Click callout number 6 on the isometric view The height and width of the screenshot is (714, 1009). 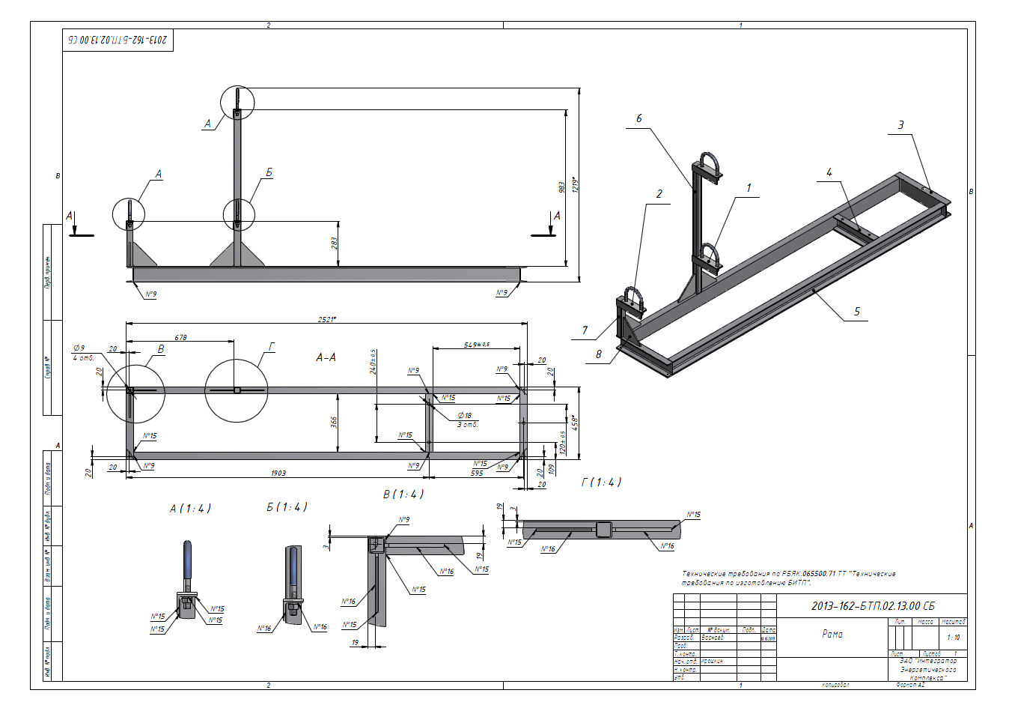pos(639,118)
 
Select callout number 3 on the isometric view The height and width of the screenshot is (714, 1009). pos(900,125)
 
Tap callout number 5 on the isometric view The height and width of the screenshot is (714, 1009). pos(857,312)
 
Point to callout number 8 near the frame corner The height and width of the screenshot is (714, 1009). pos(599,354)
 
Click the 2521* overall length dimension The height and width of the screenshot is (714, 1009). pos(327,319)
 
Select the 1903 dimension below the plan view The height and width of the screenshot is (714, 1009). pos(278,474)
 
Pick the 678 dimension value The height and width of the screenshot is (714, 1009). pos(181,338)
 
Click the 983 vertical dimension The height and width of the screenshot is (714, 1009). pos(561,187)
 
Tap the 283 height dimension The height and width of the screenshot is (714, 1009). pos(334,243)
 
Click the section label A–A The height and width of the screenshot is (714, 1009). pos(326,358)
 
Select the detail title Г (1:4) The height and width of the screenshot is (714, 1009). pos(601,482)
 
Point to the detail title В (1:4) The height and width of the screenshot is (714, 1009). pos(403,494)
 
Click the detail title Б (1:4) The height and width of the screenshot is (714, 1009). pos(287,507)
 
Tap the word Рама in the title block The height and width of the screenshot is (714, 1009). pos(832,634)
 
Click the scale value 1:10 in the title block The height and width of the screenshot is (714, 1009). pos(953,638)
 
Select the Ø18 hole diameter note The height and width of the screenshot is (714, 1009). pos(465,415)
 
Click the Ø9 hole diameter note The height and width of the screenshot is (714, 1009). pos(79,348)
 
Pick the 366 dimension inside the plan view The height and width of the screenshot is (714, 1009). pos(334,423)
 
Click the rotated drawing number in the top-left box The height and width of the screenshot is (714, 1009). pos(118,40)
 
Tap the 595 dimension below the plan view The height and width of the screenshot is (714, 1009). pos(477,474)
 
